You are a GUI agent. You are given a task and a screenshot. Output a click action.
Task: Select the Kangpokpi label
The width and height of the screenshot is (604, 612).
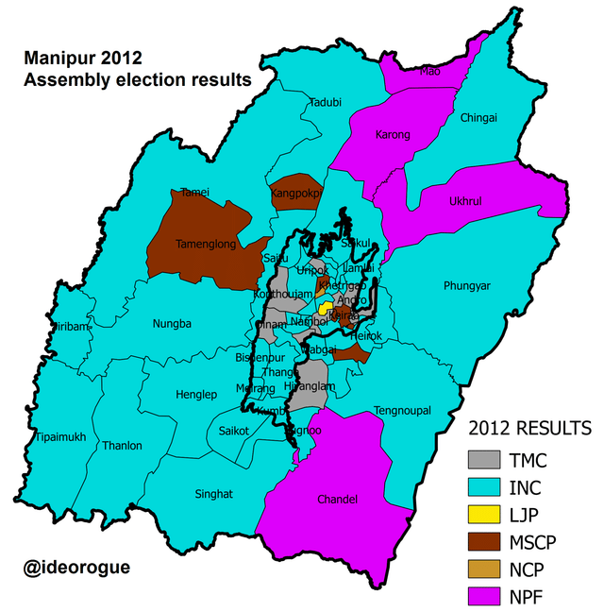point(296,194)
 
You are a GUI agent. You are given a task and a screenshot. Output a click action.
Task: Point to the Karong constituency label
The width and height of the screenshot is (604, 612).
point(393,135)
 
